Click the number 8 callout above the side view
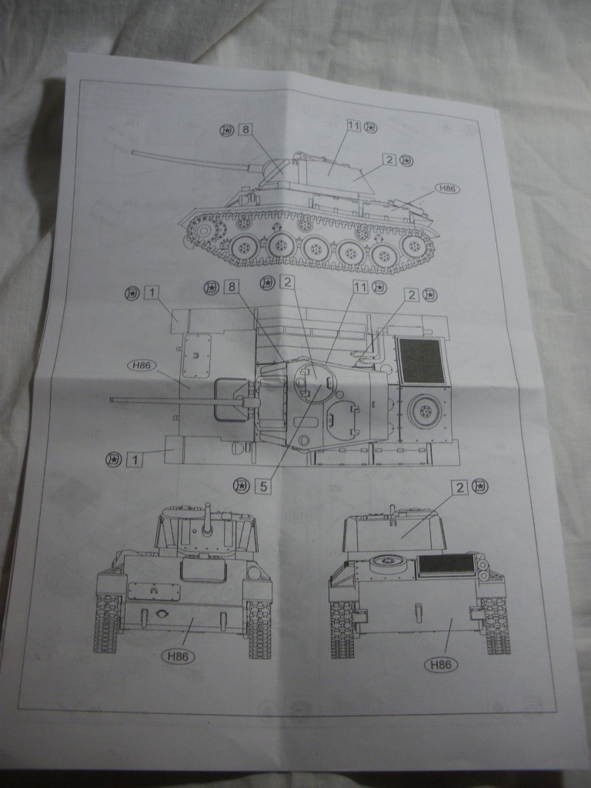click(245, 129)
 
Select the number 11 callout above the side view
click(353, 125)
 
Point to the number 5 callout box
click(264, 486)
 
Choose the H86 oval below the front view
click(178, 656)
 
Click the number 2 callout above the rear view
click(460, 487)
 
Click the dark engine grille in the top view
click(422, 361)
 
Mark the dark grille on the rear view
click(446, 564)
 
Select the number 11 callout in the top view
click(359, 286)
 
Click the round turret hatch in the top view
click(315, 380)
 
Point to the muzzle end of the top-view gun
click(113, 399)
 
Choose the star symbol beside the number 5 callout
click(241, 485)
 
